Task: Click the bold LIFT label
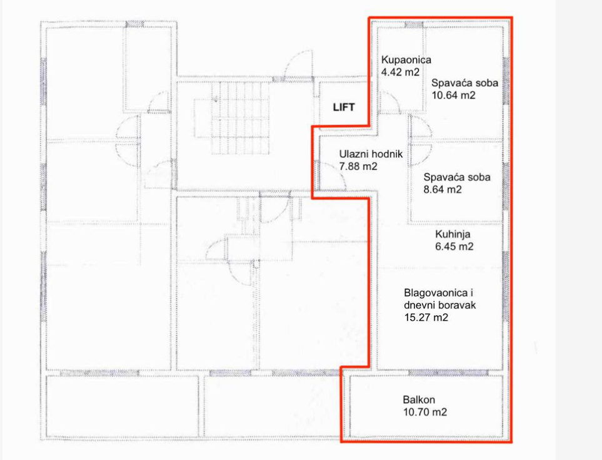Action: (344, 107)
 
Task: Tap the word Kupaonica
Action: (406, 60)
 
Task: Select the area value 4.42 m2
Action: (401, 72)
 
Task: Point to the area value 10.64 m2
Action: (453, 95)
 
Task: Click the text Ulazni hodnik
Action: (371, 154)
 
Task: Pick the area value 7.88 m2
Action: (358, 167)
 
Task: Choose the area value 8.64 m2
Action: (443, 189)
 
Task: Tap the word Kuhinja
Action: (453, 234)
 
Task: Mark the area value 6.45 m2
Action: (454, 247)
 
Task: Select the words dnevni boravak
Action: (440, 305)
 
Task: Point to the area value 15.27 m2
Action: (426, 318)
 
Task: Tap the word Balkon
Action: (419, 400)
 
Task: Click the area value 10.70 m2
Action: (425, 412)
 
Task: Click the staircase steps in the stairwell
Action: (241, 119)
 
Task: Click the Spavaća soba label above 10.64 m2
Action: (464, 83)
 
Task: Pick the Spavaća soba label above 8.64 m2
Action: (457, 177)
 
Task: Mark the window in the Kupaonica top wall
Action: (414, 25)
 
